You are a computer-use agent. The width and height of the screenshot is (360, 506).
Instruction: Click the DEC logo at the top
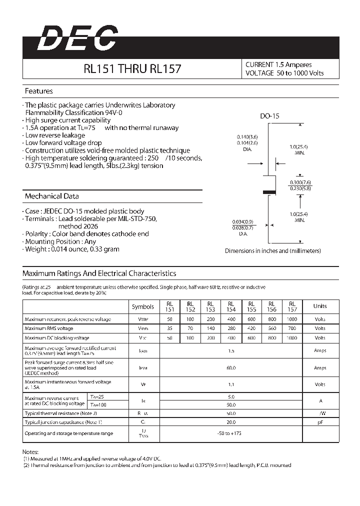[x=78, y=38]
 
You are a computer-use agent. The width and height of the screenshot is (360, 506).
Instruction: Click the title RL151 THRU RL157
[x=132, y=69]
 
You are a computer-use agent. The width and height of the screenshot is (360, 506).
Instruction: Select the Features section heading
[x=38, y=91]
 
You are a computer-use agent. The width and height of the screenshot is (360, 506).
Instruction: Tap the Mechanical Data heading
[x=51, y=196]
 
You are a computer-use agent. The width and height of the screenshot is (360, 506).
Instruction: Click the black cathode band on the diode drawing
[x=269, y=191]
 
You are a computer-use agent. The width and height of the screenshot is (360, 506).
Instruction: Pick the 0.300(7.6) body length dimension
[x=299, y=182]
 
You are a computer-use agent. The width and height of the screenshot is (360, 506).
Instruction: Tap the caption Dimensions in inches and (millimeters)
[x=272, y=251]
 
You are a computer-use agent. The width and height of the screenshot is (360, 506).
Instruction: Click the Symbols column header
[x=143, y=306]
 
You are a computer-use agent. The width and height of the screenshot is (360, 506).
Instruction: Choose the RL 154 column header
[x=231, y=306]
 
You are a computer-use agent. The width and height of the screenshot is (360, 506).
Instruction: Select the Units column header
[x=320, y=306]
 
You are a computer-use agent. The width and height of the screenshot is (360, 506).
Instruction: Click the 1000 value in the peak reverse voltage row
[x=292, y=319]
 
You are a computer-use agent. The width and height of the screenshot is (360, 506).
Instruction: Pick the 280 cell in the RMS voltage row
[x=231, y=328]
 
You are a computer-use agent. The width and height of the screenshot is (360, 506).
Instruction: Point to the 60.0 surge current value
[x=231, y=368]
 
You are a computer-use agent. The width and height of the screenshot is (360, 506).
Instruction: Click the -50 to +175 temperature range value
[x=231, y=433]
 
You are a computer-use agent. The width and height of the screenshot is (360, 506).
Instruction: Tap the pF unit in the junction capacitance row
[x=320, y=422]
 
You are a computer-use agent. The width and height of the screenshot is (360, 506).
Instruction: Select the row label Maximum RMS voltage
[x=49, y=328]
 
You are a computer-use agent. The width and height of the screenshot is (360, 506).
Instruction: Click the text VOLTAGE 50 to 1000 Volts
[x=284, y=73]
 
